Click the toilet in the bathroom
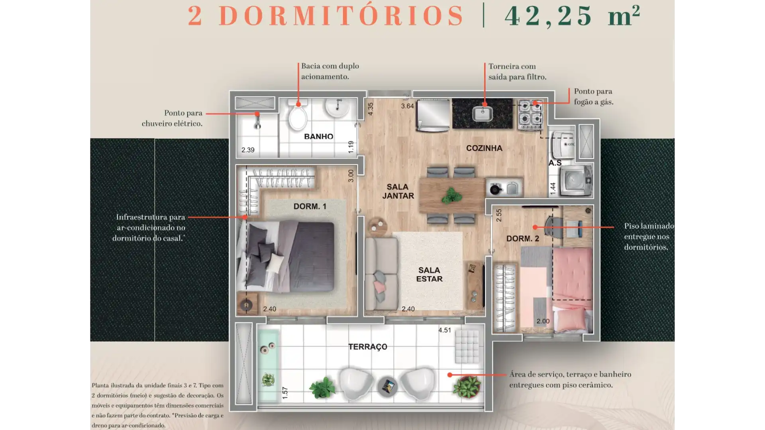click(298, 115)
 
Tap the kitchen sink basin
click(483, 114)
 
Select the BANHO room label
click(318, 137)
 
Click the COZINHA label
click(484, 148)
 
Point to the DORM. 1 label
click(310, 206)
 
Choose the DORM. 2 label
click(523, 238)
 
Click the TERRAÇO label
click(368, 347)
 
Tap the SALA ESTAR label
click(429, 274)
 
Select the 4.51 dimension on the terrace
click(445, 330)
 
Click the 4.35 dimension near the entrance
click(371, 109)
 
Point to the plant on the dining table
click(451, 195)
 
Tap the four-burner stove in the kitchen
click(531, 114)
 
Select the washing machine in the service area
click(576, 181)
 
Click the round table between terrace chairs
click(388, 386)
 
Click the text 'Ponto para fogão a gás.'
click(594, 97)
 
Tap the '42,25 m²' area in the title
click(572, 16)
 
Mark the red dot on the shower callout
click(257, 114)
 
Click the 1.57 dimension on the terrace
click(285, 393)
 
